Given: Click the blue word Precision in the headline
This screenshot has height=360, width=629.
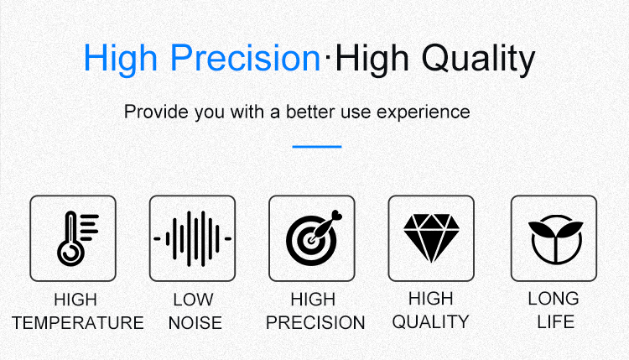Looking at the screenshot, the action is click(245, 58).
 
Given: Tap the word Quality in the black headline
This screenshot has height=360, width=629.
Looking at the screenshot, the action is click(478, 60).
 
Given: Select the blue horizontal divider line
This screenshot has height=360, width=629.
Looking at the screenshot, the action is click(317, 147).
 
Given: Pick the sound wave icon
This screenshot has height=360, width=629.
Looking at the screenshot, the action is click(193, 238).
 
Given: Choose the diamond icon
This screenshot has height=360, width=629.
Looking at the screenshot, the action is click(431, 238).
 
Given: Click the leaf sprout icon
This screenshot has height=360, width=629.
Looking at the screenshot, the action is click(555, 239).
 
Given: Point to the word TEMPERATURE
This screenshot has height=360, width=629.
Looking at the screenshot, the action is click(78, 323).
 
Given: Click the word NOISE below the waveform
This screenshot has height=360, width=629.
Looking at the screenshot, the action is click(195, 323).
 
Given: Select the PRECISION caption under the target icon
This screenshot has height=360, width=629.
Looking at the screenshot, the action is click(315, 322).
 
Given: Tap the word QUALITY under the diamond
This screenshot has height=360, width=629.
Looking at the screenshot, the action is click(430, 322).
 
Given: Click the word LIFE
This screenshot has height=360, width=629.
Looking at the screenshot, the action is click(555, 322).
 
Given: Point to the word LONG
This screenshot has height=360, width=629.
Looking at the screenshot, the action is click(554, 299).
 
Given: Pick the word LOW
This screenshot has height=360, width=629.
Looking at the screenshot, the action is click(193, 300).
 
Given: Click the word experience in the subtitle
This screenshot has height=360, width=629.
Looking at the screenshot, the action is click(424, 112).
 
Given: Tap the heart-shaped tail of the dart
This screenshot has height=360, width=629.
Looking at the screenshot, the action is click(337, 216).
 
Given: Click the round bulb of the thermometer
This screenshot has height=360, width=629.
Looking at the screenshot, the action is click(70, 253).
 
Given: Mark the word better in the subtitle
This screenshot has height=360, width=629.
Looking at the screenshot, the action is click(311, 112).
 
